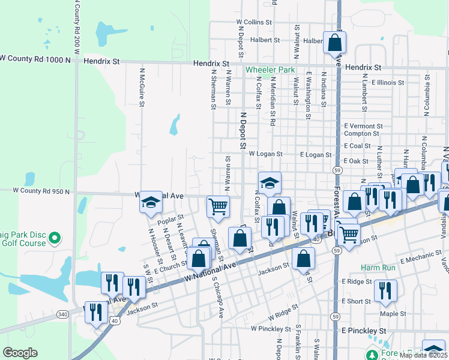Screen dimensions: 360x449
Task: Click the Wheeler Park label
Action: pyautogui.click(x=270, y=70)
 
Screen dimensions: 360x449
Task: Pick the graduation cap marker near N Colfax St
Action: pyautogui.click(x=270, y=183)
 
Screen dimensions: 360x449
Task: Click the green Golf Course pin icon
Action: pyautogui.click(x=54, y=238)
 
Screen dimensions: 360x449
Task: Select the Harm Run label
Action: pyautogui.click(x=376, y=267)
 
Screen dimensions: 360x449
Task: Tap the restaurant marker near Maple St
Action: pyautogui.click(x=385, y=292)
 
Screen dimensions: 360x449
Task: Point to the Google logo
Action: pyautogui.click(x=20, y=352)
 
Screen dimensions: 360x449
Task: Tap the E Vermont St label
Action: pyautogui.click(x=363, y=126)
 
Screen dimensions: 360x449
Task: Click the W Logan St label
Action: pyautogui.click(x=265, y=154)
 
